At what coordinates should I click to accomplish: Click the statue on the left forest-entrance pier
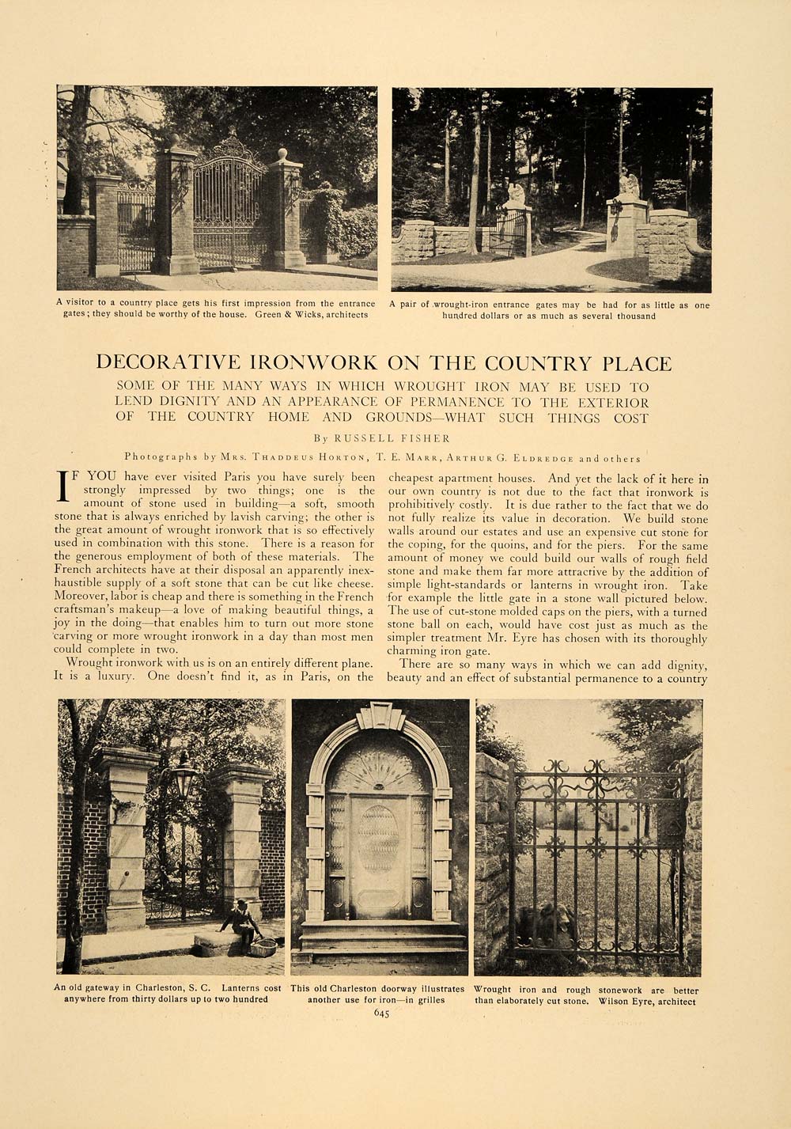pos(516,192)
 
